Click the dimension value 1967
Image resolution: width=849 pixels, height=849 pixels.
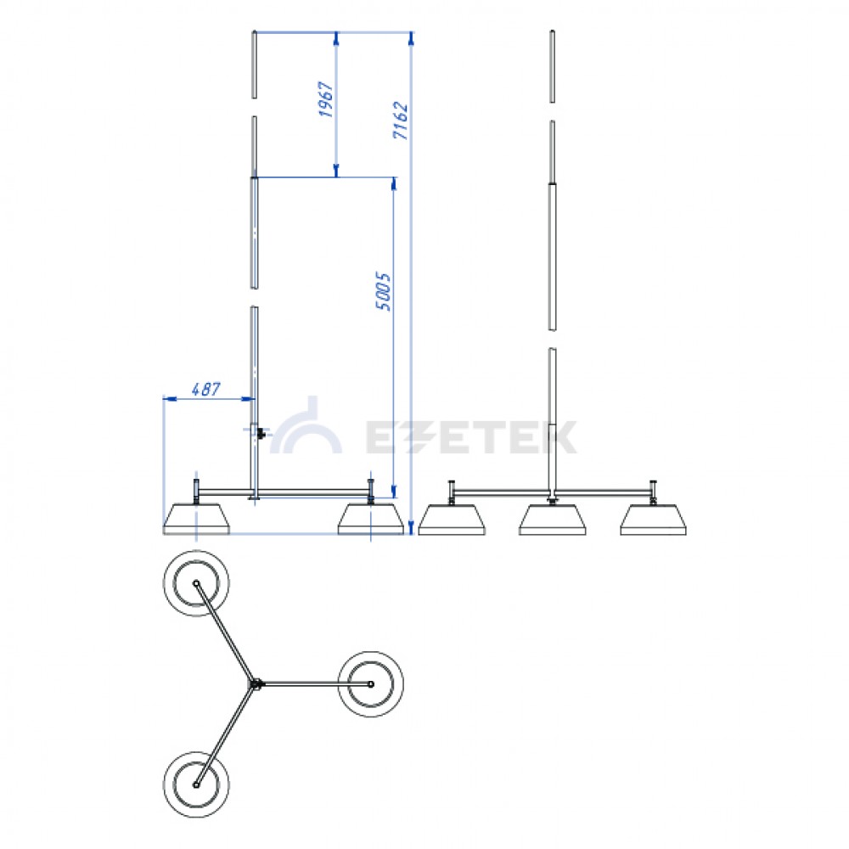coord(325,99)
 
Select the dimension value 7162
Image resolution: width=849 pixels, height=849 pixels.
coord(400,121)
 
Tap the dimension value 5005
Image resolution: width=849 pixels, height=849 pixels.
coord(383,291)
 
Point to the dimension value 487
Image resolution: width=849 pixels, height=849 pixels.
coord(205,389)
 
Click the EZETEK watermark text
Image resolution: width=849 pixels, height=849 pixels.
coord(471,437)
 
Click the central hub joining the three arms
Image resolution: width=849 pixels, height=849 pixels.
coord(256,684)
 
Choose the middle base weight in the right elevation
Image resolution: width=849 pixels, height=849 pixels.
coord(553,520)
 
